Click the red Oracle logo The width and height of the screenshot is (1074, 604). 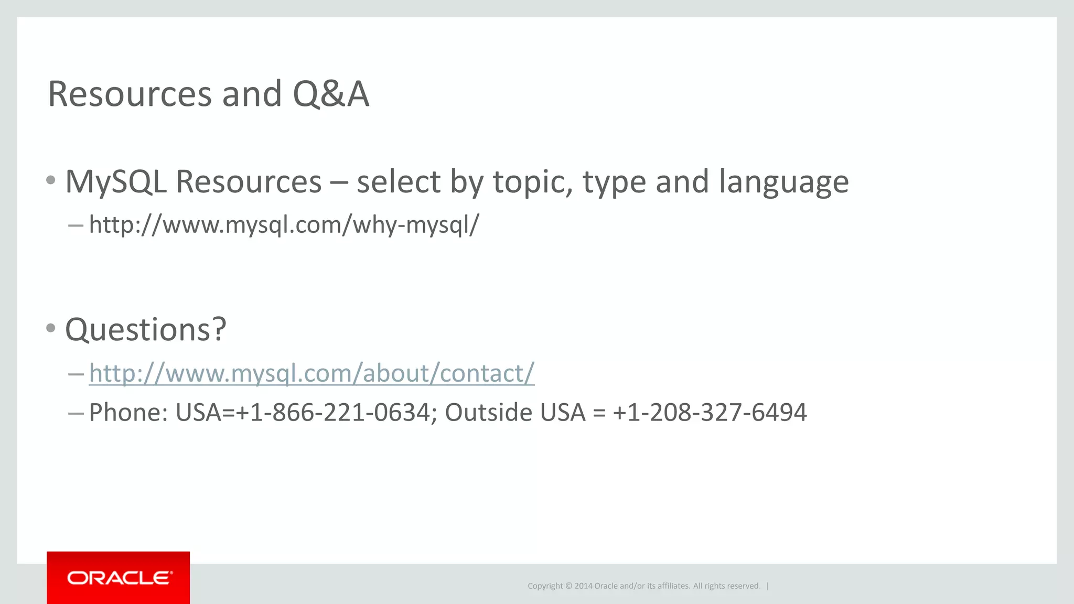(118, 578)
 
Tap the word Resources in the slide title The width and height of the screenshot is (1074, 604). (130, 94)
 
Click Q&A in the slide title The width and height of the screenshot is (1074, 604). (331, 94)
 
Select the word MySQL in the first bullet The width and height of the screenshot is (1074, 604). (116, 182)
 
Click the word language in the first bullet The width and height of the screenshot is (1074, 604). (783, 183)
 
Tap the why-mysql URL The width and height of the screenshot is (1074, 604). (284, 225)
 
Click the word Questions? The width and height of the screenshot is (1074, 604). (146, 330)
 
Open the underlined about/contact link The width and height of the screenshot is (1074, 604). (312, 373)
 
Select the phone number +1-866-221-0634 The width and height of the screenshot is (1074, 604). (334, 413)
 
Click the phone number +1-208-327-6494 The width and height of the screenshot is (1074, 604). (710, 413)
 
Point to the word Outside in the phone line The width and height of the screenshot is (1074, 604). (489, 413)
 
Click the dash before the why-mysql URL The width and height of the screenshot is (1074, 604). (76, 226)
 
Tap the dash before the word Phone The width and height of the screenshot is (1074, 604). (76, 414)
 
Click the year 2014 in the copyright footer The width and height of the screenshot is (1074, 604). (583, 586)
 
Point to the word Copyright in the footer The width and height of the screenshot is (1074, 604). (545, 586)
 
